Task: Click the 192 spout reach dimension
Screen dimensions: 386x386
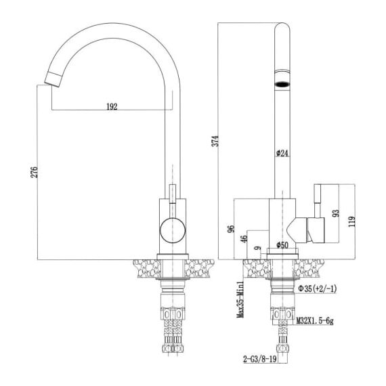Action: (112, 106)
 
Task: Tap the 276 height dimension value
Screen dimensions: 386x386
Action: (35, 172)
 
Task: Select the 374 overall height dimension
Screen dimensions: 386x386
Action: (215, 141)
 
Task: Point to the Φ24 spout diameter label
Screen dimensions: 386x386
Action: (282, 153)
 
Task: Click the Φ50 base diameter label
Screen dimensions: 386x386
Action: (282, 244)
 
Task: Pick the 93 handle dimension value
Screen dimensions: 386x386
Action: (335, 213)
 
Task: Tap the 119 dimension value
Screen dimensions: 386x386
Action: (351, 221)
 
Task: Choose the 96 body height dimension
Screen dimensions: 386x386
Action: (231, 229)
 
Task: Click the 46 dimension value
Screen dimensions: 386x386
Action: (244, 239)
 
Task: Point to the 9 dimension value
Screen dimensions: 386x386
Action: (258, 248)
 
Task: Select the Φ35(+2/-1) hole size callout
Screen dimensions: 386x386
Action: (318, 288)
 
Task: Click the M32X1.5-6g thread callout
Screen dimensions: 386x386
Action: (315, 321)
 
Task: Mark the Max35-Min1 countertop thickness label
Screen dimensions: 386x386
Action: (240, 299)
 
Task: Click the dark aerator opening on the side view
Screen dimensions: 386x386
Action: (282, 84)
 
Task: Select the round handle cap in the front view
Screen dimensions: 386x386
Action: (173, 230)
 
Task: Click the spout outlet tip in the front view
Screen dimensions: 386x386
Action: (52, 79)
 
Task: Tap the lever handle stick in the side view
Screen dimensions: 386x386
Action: (318, 201)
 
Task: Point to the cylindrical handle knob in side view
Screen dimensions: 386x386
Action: (316, 230)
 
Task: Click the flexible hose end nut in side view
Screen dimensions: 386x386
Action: (282, 348)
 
